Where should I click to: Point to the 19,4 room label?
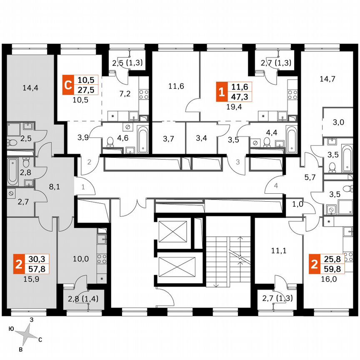(235, 106)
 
